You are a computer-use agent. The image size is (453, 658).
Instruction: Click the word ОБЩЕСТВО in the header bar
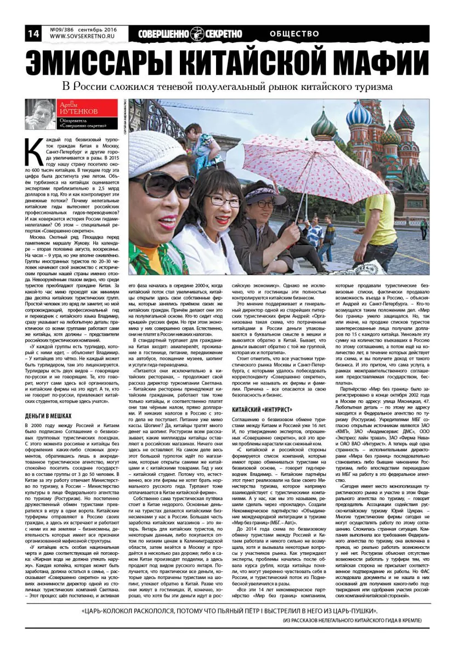[x=295, y=33]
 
